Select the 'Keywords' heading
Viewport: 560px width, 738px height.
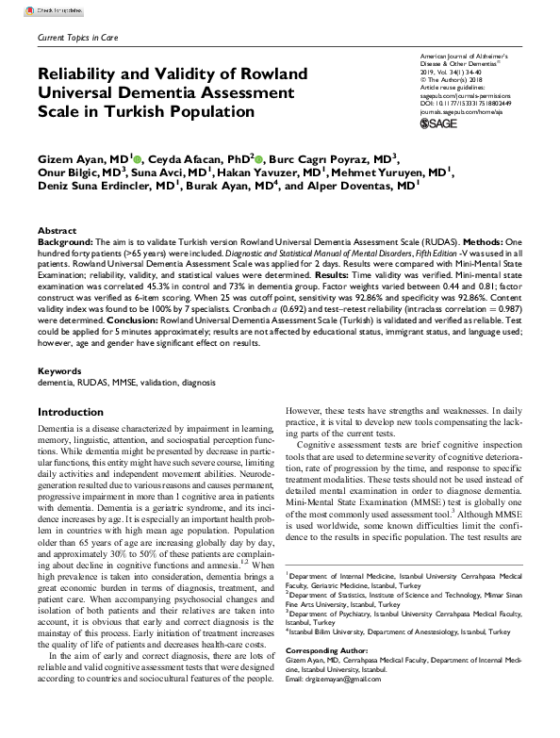[x=60, y=398]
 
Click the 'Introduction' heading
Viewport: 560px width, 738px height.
[x=69, y=439]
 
